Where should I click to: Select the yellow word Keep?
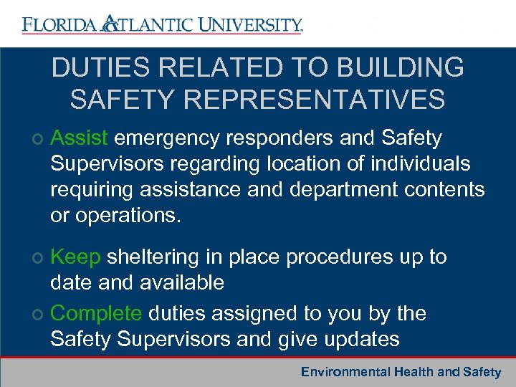coord(77,257)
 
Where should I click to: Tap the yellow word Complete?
coord(96,313)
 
